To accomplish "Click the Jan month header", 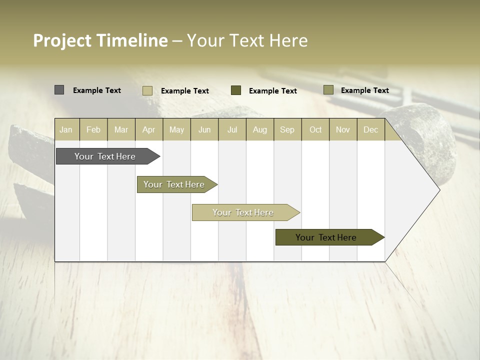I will [x=66, y=129].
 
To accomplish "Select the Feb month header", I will [x=93, y=129].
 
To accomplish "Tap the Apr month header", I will [x=149, y=129].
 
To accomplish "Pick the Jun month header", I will [x=204, y=129].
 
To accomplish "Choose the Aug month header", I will [x=260, y=129].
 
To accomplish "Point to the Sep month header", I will [x=287, y=129].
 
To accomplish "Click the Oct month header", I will [x=315, y=129].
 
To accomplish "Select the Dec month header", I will [x=371, y=129].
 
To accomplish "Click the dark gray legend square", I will [x=59, y=90].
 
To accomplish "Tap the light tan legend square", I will [x=147, y=90].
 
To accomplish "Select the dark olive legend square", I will [x=236, y=90].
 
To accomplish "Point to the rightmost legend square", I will [x=328, y=90].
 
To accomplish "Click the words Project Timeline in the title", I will [x=100, y=40].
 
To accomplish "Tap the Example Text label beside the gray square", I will [x=97, y=90].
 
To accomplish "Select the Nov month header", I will [x=343, y=129].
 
